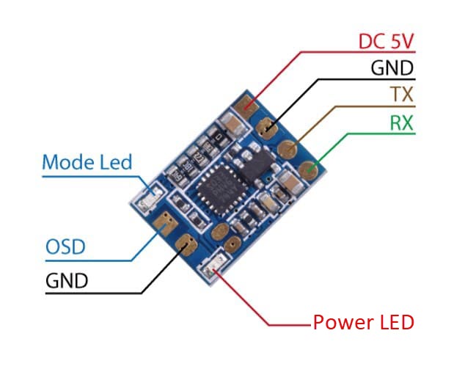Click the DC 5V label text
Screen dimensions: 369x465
(386, 41)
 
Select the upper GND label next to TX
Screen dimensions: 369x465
(392, 68)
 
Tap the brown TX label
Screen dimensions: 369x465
(402, 95)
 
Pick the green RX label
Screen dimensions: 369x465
(400, 123)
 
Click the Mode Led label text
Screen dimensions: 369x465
(87, 161)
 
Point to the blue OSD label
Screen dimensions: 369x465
(65, 246)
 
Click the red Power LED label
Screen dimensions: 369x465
(363, 322)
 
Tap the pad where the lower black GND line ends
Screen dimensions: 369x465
(185, 244)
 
